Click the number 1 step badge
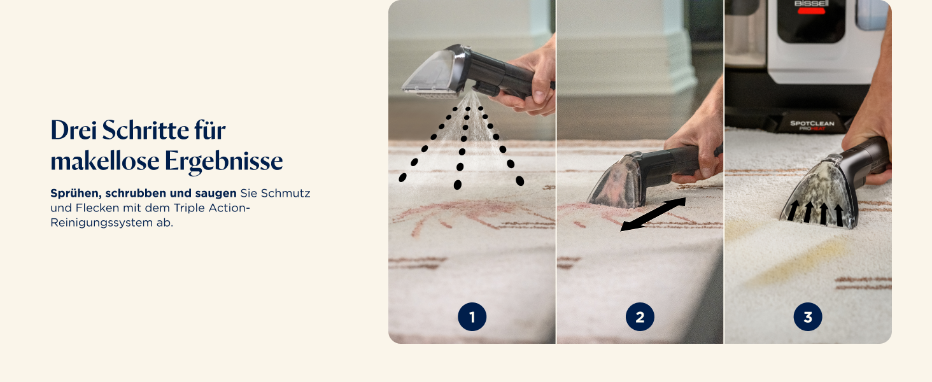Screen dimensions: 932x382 coord(472,317)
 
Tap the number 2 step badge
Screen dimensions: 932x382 coord(640,317)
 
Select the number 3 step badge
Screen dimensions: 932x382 coord(808,317)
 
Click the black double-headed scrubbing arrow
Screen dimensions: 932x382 coord(653,215)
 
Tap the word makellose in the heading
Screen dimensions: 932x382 coord(105,160)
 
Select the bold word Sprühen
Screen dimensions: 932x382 coord(76,194)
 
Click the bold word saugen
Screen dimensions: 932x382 coord(215,194)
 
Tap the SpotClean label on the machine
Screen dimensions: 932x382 coord(812,123)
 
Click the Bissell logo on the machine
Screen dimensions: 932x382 coord(811,3)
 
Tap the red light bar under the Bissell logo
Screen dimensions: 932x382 coord(811,11)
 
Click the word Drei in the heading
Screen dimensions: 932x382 coord(74,131)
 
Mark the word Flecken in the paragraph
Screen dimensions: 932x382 coord(97,208)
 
